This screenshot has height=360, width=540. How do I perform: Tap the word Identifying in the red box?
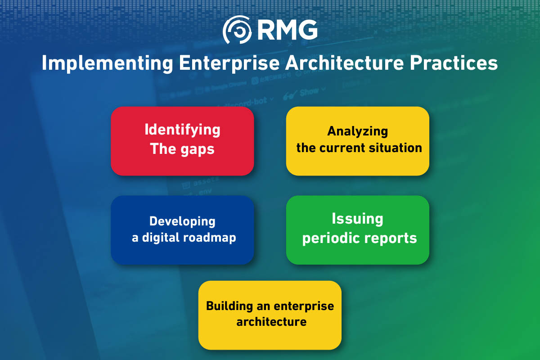click(x=182, y=130)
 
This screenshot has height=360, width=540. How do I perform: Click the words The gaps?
click(x=182, y=148)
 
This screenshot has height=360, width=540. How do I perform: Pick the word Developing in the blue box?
click(x=182, y=221)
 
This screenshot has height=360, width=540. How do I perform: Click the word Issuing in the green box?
click(x=357, y=219)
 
